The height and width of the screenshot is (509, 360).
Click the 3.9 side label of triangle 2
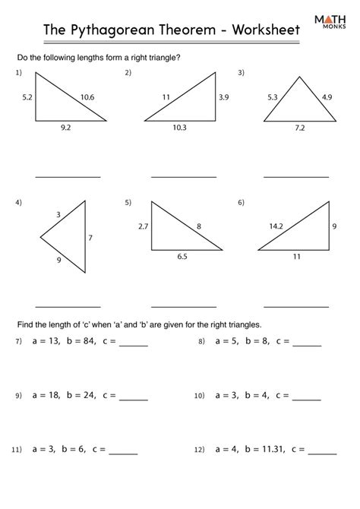coord(223,98)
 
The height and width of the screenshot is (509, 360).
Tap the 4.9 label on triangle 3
coord(327,96)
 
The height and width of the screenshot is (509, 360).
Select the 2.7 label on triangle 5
coord(142,226)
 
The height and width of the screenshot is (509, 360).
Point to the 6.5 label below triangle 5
coord(183,258)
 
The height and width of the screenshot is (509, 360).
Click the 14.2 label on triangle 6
coord(276,226)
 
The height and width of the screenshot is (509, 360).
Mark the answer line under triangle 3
coord(296,176)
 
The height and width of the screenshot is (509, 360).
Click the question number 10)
coord(200,396)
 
